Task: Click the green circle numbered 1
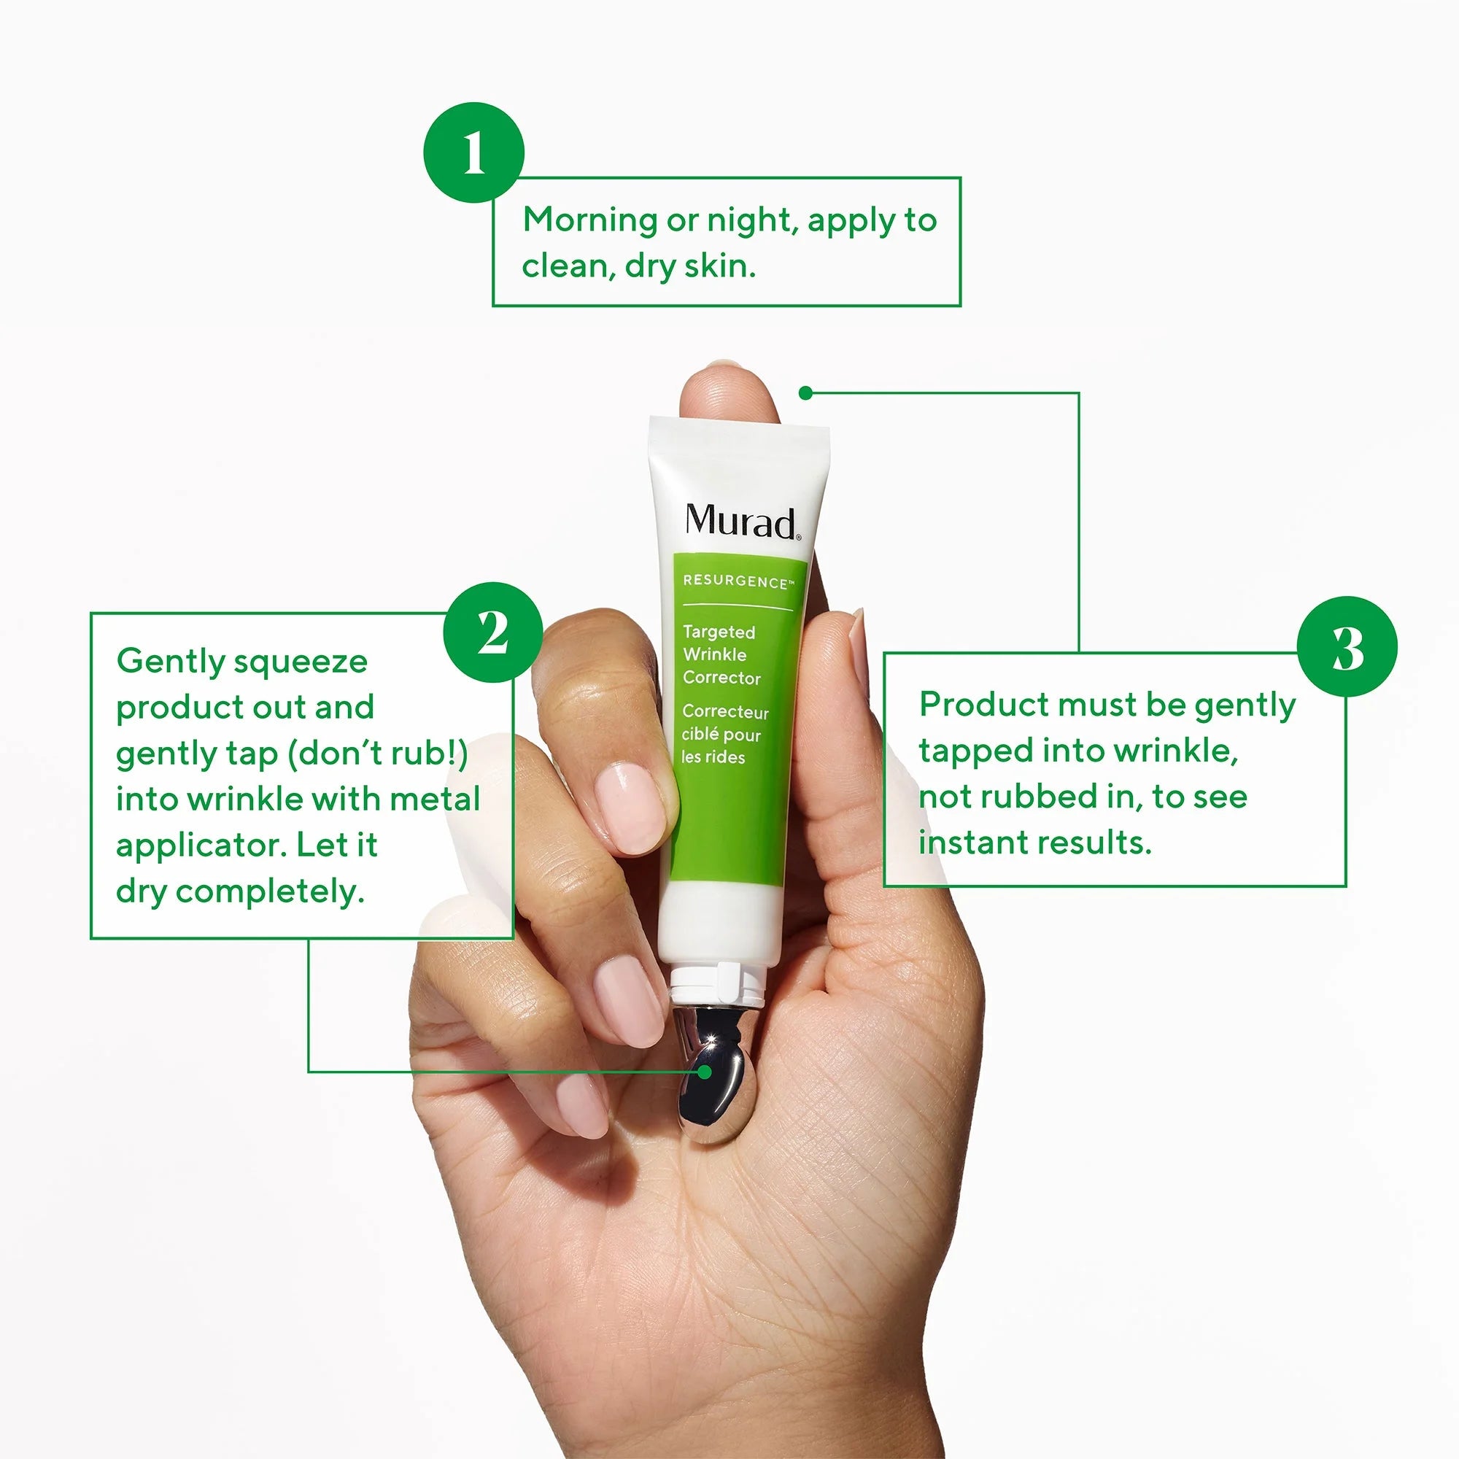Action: click(473, 152)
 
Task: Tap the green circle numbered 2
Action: click(493, 632)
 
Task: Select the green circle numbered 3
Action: click(1347, 646)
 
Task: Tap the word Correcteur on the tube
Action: click(725, 711)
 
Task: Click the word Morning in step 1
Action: click(591, 220)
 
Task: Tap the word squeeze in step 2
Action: click(301, 663)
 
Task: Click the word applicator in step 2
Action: click(200, 846)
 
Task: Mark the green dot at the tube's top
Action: click(806, 392)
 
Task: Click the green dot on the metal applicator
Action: click(705, 1072)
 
